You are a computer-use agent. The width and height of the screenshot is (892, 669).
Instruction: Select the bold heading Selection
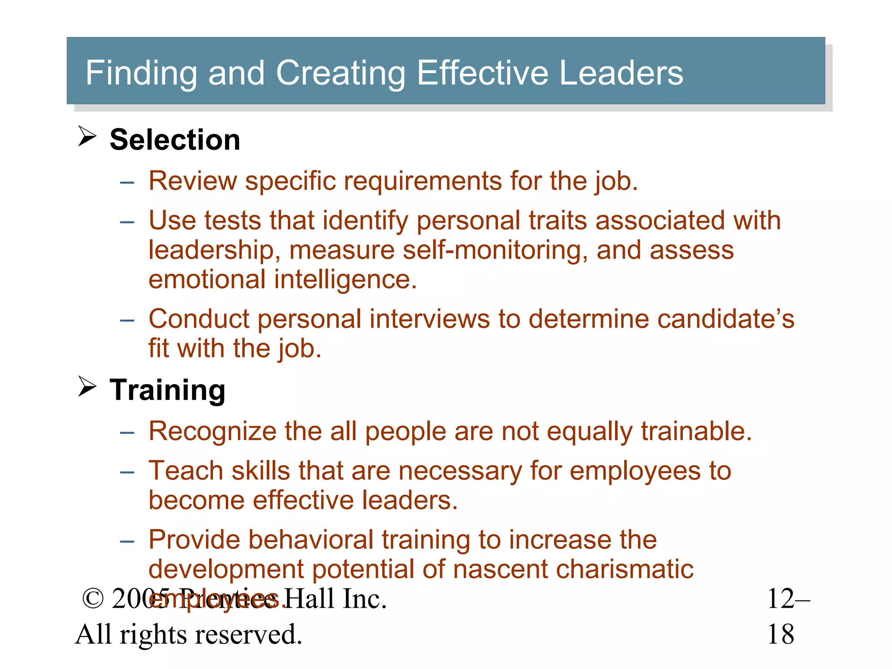(175, 140)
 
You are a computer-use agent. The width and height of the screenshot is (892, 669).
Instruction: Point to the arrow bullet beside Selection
(87, 136)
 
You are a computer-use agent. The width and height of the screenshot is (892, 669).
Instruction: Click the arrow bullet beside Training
(87, 386)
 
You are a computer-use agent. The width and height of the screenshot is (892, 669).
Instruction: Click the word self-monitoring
(494, 250)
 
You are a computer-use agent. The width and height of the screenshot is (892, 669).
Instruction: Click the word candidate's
(726, 319)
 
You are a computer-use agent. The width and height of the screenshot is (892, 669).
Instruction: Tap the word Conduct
(199, 319)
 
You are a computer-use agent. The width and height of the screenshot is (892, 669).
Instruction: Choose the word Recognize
(212, 432)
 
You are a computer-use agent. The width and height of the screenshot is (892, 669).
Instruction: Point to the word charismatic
(625, 569)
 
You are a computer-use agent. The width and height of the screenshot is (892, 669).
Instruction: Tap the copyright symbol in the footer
(93, 599)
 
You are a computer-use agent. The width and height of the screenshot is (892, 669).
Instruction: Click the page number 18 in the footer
(780, 634)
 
